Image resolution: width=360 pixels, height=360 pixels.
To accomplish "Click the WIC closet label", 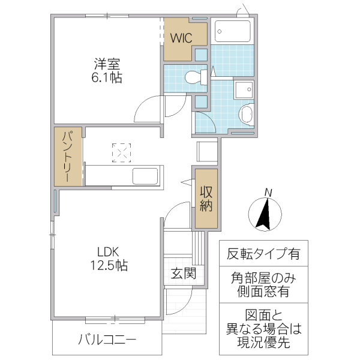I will coord(181,38).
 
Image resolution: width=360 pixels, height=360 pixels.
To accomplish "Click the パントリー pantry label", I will coord(68,156).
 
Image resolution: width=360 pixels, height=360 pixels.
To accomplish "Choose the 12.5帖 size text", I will coord(109,266).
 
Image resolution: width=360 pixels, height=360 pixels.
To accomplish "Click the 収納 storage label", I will coord(207,199).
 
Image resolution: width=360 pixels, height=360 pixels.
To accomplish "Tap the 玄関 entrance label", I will coord(183,274).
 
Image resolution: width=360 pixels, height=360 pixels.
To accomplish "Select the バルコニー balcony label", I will coord(107,340).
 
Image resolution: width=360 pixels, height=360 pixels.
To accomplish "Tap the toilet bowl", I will coord(193,77).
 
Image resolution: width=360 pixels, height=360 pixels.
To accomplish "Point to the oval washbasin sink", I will coord(246,114).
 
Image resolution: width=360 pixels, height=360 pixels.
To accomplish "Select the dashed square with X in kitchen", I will coord(121,152).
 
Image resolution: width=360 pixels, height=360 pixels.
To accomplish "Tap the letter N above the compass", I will coord(269,193).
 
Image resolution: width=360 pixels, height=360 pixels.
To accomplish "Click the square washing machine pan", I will coord(245,90).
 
